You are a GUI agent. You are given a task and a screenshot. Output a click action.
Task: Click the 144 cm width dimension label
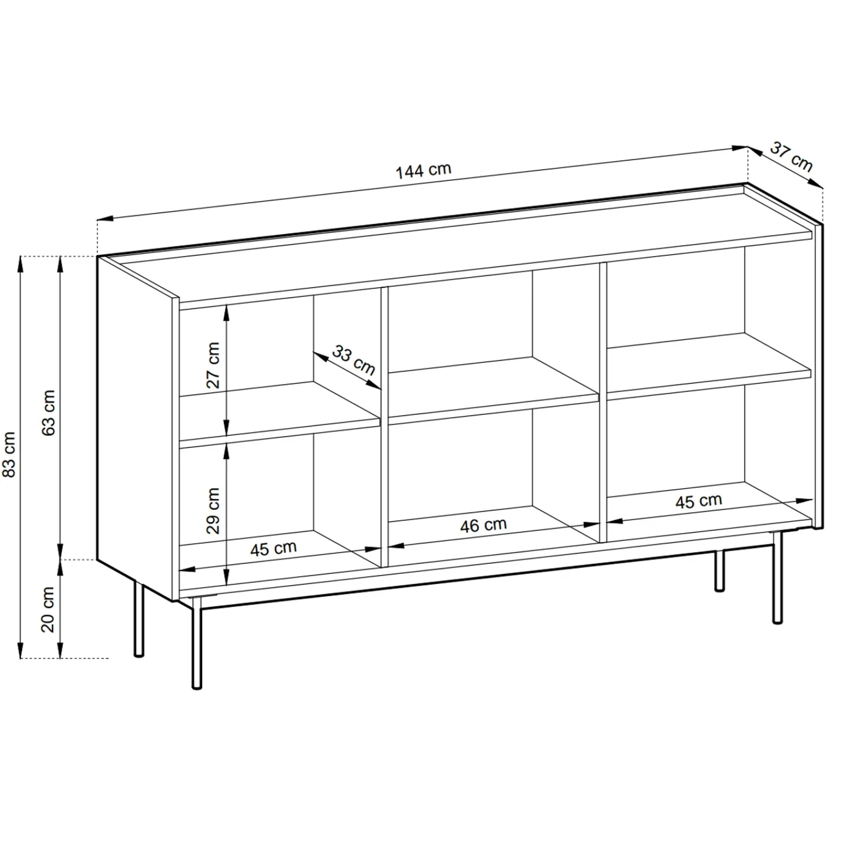423,170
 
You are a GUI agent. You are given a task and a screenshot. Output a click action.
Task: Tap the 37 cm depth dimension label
791,157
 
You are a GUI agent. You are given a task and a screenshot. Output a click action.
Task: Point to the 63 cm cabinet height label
48,412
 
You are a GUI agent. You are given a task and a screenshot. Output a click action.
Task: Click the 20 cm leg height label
48,609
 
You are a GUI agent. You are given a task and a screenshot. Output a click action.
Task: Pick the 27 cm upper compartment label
213,365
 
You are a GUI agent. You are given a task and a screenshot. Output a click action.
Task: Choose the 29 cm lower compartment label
213,511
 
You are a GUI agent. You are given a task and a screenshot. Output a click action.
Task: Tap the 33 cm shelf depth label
354,360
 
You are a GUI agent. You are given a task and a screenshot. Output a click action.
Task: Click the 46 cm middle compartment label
483,525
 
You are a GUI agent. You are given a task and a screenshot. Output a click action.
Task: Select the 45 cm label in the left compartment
273,548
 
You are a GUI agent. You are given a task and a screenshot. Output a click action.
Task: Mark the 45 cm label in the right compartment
698,501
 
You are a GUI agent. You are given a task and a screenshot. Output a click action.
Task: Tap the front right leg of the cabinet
778,577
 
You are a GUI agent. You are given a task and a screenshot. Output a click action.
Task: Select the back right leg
720,571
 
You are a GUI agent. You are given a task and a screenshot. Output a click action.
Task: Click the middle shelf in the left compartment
279,412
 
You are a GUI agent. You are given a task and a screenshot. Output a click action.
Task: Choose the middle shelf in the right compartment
709,366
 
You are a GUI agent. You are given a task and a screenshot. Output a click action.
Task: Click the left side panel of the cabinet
137,428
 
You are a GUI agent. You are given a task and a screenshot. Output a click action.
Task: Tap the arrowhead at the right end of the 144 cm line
741,149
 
